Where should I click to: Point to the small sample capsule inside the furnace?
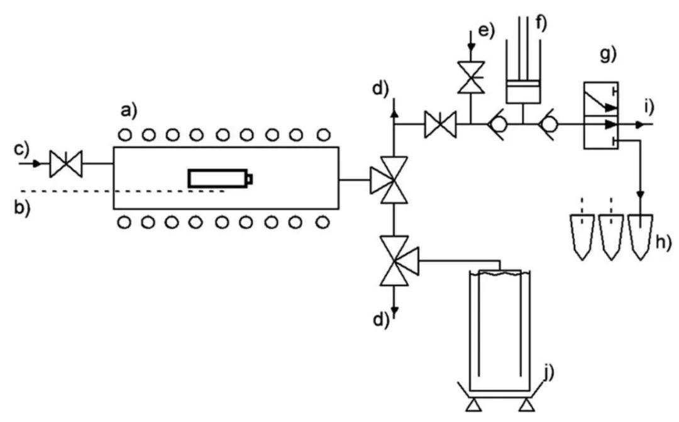(x=220, y=179)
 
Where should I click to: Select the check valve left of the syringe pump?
(x=498, y=125)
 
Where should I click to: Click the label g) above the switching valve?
(x=608, y=55)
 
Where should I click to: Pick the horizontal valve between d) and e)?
(x=440, y=124)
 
